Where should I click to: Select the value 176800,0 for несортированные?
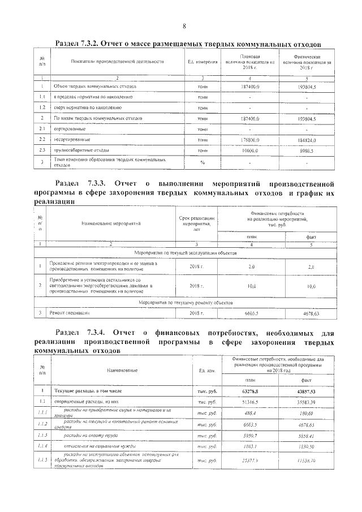(249, 139)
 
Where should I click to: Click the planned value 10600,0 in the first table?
(249, 150)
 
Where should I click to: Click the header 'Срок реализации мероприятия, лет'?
(197, 223)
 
